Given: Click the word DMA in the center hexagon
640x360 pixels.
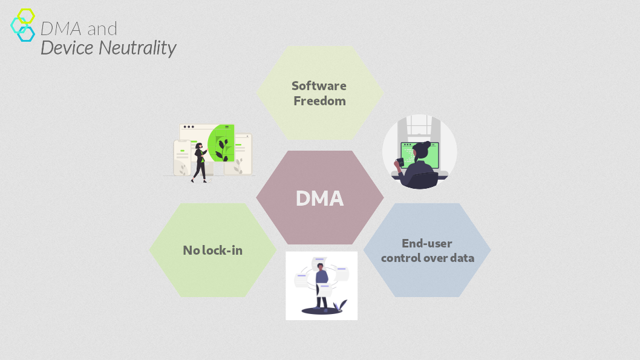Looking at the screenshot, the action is (319, 198).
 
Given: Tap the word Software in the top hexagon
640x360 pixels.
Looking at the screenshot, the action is (319, 86).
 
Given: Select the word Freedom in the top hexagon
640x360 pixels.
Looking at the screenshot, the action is (319, 101).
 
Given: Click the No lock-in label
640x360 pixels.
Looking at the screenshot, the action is (213, 250).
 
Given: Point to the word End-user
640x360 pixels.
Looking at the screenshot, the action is (427, 243).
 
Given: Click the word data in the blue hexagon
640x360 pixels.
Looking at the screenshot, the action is (462, 258).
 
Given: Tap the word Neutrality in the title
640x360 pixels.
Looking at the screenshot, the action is (137, 48).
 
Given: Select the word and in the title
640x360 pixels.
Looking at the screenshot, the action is (102, 29).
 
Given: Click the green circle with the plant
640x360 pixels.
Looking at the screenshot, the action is (221, 143).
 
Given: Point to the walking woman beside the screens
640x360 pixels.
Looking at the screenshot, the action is (200, 162).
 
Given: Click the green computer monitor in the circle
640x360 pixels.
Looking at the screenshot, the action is (420, 155).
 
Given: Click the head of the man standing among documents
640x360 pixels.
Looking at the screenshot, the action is (321, 267).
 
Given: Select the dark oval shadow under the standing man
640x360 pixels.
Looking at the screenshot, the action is (322, 311).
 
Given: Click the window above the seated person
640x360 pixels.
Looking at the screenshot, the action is (419, 125).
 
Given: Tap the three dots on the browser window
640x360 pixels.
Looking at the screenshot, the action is (189, 127).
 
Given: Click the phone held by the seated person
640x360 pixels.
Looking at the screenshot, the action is (400, 162).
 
